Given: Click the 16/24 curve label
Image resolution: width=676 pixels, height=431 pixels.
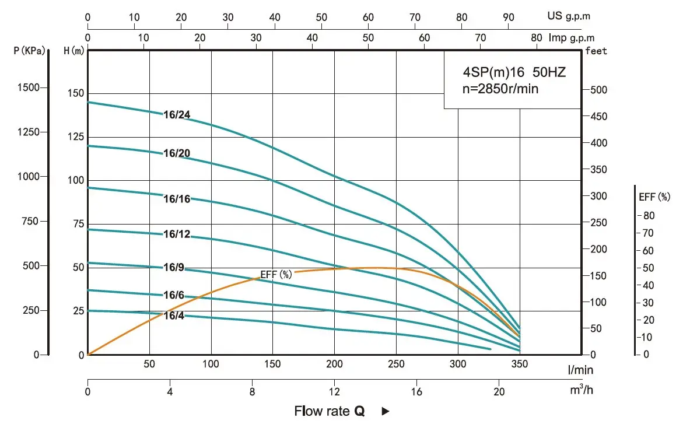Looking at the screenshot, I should (177, 115).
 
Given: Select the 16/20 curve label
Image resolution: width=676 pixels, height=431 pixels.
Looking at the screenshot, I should (177, 153).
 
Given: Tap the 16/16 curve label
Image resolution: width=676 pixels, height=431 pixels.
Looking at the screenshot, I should (177, 199).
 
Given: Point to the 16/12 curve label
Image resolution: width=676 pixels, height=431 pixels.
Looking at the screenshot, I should (177, 234).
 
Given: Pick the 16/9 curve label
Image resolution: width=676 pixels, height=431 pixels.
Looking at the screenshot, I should (174, 268).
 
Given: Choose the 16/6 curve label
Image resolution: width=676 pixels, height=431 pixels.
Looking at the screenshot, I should (174, 296).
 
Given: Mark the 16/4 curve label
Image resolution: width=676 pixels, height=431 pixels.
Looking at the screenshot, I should (174, 316).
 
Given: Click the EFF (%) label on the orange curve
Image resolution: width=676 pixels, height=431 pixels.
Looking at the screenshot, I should (276, 274).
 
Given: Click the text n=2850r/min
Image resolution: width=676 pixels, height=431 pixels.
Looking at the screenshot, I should (500, 89).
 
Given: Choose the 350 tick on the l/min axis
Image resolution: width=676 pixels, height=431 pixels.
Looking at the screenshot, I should (519, 365).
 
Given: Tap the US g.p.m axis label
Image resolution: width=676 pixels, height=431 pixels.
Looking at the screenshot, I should (569, 16).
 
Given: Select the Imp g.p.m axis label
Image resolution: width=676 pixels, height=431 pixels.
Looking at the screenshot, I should (569, 37).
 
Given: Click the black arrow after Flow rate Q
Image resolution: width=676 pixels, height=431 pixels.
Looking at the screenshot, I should (385, 412).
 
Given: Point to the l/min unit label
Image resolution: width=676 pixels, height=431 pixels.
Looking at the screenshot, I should (582, 369).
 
